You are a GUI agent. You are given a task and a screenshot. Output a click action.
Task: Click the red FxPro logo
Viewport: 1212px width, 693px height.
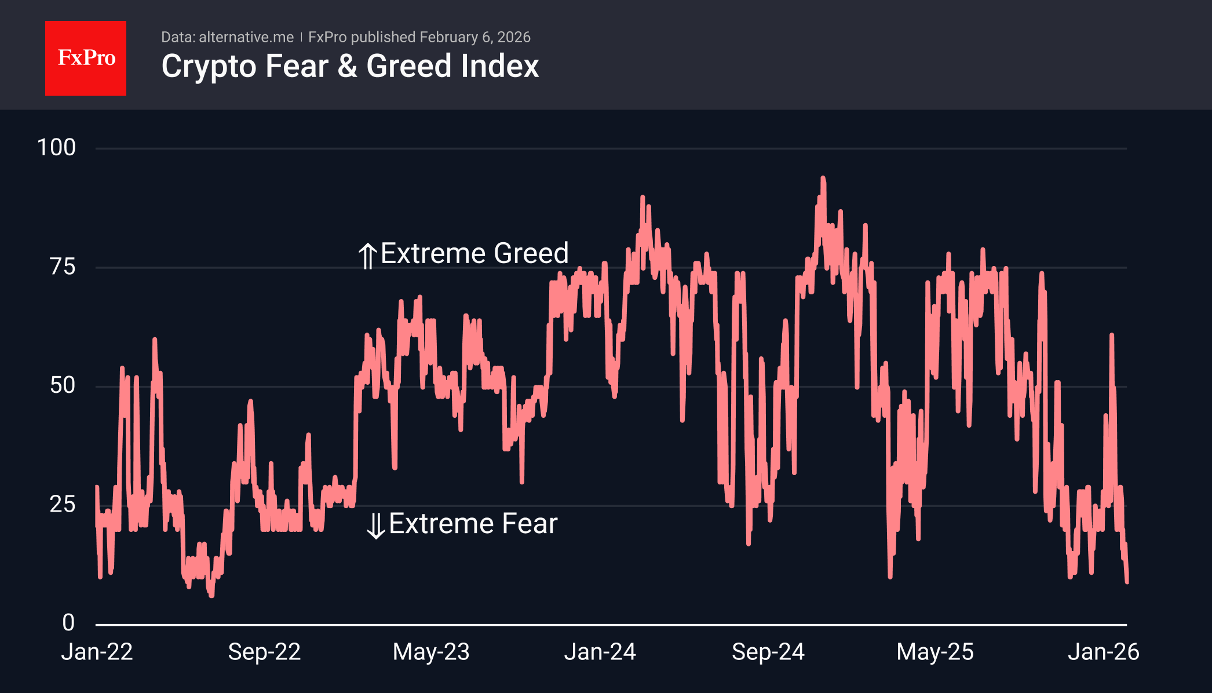coord(86,59)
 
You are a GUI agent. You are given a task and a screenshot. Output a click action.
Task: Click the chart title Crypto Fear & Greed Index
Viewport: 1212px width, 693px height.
coord(350,66)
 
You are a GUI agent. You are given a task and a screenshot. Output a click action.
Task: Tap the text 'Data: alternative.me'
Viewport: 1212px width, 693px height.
coord(227,37)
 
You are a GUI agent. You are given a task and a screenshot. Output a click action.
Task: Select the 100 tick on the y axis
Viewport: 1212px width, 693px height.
coord(56,148)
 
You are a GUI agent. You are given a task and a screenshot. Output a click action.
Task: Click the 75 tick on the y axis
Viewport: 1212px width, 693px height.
coord(63,267)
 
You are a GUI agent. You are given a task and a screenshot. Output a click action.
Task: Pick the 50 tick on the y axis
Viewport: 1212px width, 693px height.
coord(63,386)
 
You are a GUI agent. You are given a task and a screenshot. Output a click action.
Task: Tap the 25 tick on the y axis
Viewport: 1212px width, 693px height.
coord(63,505)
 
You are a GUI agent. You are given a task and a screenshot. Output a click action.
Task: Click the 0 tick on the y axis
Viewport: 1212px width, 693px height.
coord(68,623)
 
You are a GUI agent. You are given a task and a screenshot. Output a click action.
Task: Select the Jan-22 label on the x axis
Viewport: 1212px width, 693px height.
coord(97,652)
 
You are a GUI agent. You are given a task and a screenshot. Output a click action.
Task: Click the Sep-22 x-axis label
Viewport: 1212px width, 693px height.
coord(264,652)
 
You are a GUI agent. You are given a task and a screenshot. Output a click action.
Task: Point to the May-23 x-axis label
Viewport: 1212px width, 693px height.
coord(431,652)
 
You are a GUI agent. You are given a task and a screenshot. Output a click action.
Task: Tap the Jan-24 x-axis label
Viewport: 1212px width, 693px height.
coord(600,652)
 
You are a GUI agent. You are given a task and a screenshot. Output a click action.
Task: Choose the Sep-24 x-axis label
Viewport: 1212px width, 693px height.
coord(768,652)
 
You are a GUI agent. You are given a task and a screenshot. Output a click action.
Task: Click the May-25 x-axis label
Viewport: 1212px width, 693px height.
coord(935,652)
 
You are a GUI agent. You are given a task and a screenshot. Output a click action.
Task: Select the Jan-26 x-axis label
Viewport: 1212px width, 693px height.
coord(1103,652)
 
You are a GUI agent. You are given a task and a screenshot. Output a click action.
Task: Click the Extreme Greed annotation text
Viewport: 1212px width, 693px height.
coord(474,254)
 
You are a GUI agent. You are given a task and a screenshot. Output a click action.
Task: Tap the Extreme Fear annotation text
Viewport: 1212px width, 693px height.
coord(473,524)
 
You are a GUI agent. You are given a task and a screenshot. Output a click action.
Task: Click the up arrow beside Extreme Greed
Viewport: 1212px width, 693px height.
coord(367,256)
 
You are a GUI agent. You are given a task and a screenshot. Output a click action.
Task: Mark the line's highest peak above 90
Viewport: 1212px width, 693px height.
coord(823,178)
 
